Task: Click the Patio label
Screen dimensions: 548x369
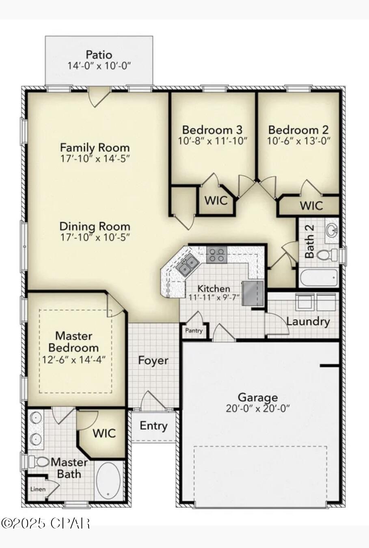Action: (99, 54)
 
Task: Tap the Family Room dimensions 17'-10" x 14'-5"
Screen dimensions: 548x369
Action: (95, 158)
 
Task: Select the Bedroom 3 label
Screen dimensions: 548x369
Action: (212, 130)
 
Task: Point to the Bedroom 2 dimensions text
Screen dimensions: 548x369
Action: (299, 141)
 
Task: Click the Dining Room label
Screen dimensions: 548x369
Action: (95, 226)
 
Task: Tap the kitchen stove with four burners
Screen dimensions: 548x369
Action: (216, 255)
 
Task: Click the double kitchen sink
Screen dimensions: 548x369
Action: (187, 266)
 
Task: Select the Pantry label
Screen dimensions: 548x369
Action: (194, 330)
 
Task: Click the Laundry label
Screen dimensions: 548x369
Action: (308, 321)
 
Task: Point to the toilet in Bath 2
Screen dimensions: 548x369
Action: (327, 255)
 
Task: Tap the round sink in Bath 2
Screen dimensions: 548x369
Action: (332, 230)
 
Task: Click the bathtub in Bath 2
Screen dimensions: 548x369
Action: (319, 278)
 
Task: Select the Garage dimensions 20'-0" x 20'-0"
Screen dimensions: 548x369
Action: (258, 408)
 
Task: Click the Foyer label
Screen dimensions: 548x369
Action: (153, 360)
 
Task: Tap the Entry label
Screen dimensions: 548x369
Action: (153, 425)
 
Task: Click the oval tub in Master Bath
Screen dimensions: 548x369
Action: (108, 481)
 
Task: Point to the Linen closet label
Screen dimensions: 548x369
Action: (38, 489)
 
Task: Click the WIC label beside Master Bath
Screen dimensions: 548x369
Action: (104, 433)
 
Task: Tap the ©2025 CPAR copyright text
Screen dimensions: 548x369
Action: (45, 523)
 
